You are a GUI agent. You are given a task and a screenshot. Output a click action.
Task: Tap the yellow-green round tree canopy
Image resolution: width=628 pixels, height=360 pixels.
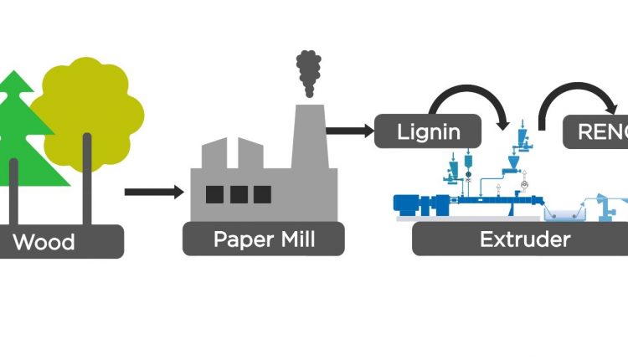[x=90, y=109]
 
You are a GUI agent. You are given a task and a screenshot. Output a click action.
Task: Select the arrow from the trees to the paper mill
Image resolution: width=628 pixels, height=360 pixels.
[x=154, y=192]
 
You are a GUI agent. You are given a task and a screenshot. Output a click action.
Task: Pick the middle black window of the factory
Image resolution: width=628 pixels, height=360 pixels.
[x=239, y=194]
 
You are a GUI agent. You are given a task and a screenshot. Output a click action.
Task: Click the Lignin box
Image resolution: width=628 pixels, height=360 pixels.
[x=429, y=131]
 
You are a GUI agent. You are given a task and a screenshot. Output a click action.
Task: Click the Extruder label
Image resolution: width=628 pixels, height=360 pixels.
[x=524, y=240]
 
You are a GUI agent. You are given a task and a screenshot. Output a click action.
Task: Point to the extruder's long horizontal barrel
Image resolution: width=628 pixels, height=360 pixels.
[x=494, y=203]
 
